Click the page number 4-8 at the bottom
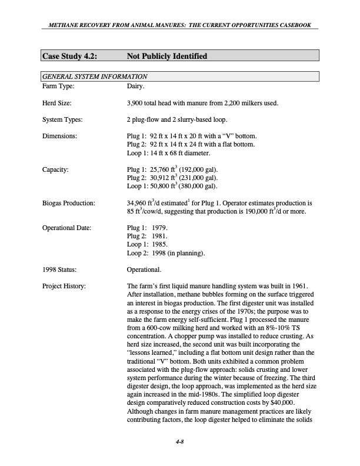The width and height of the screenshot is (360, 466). (180, 442)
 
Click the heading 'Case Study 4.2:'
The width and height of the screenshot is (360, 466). (69, 56)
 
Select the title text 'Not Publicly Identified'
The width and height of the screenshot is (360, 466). (166, 56)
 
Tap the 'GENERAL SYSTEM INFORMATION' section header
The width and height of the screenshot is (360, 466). (94, 76)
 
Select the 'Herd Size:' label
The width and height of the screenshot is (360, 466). (58, 104)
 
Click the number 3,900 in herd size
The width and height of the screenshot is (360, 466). (136, 104)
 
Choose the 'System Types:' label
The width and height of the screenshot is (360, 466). (62, 120)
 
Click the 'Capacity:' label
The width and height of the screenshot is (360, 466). (56, 169)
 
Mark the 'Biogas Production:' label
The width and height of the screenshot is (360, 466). (68, 203)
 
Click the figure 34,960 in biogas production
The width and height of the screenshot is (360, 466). (138, 203)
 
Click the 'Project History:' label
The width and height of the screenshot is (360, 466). (64, 286)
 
